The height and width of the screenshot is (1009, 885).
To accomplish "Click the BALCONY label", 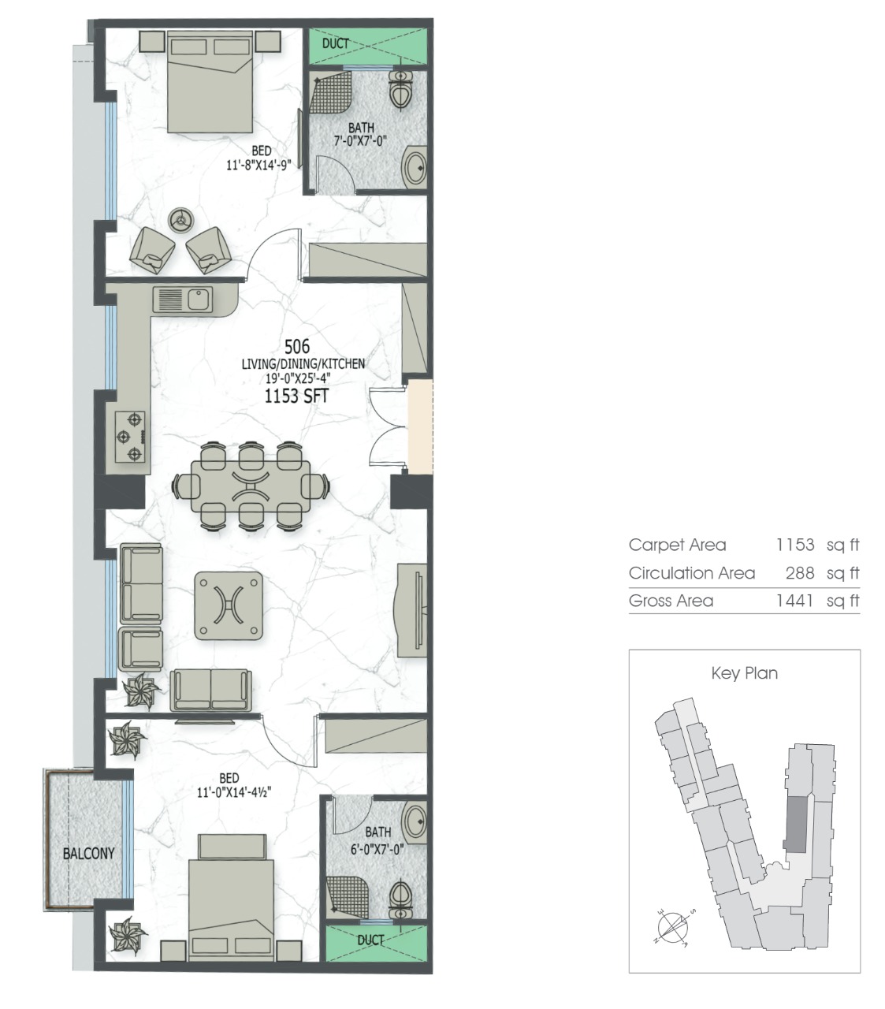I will coord(89,853).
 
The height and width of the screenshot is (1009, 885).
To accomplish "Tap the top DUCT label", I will coord(336,43).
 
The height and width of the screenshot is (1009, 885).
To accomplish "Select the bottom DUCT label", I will coord(370,940).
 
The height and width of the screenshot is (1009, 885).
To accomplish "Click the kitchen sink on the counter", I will coord(183,300).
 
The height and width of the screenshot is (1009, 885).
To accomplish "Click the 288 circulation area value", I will coord(800,573).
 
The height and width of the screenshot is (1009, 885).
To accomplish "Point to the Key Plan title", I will coord(744,673).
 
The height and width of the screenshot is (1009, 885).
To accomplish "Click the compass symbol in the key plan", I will coord(672,928).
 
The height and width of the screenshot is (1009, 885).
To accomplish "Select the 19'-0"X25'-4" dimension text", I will coord(303,378).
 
